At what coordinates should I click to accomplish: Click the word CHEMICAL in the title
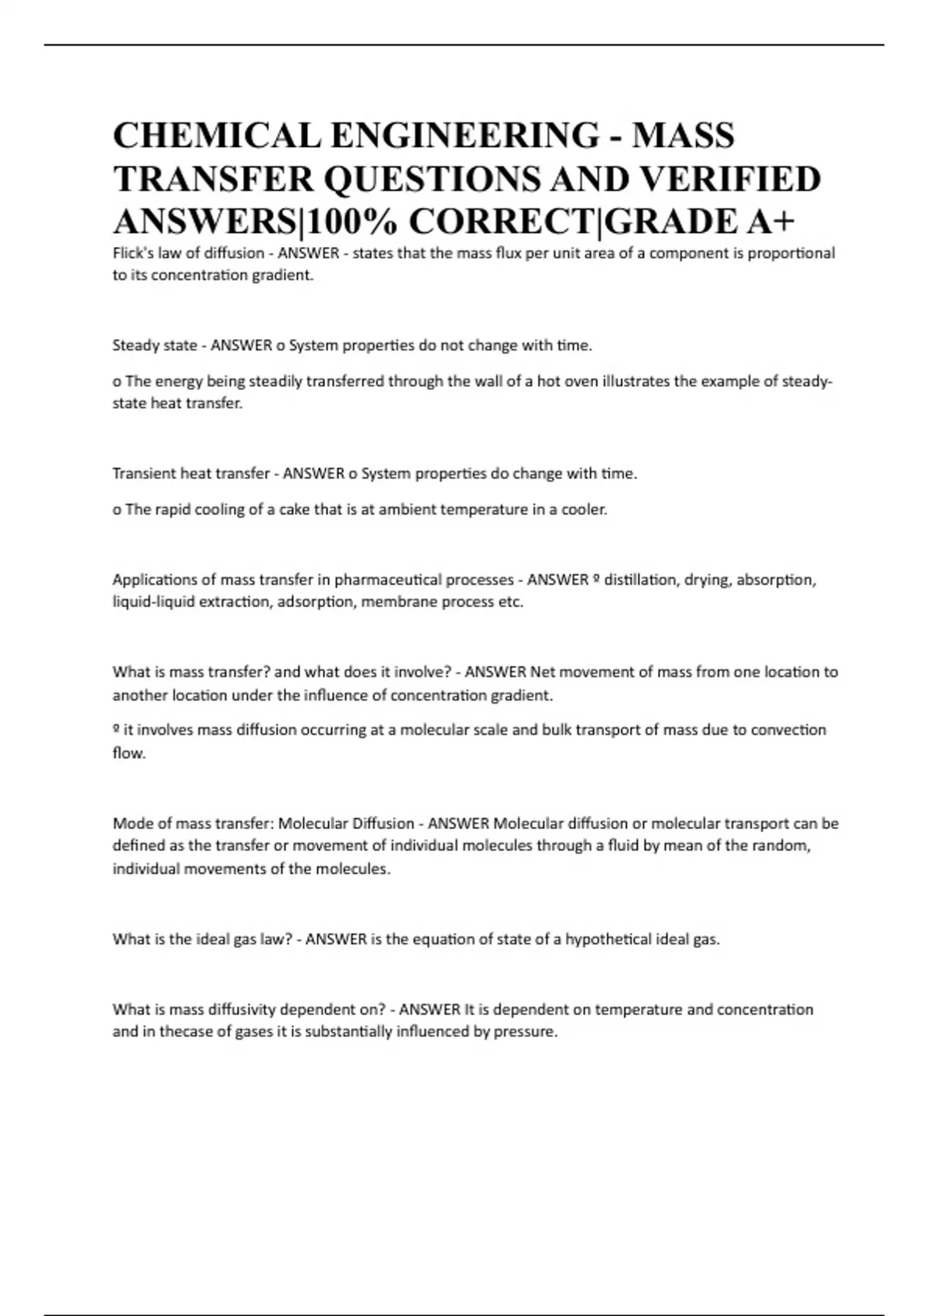[216, 136]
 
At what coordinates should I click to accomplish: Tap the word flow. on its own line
[129, 753]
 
